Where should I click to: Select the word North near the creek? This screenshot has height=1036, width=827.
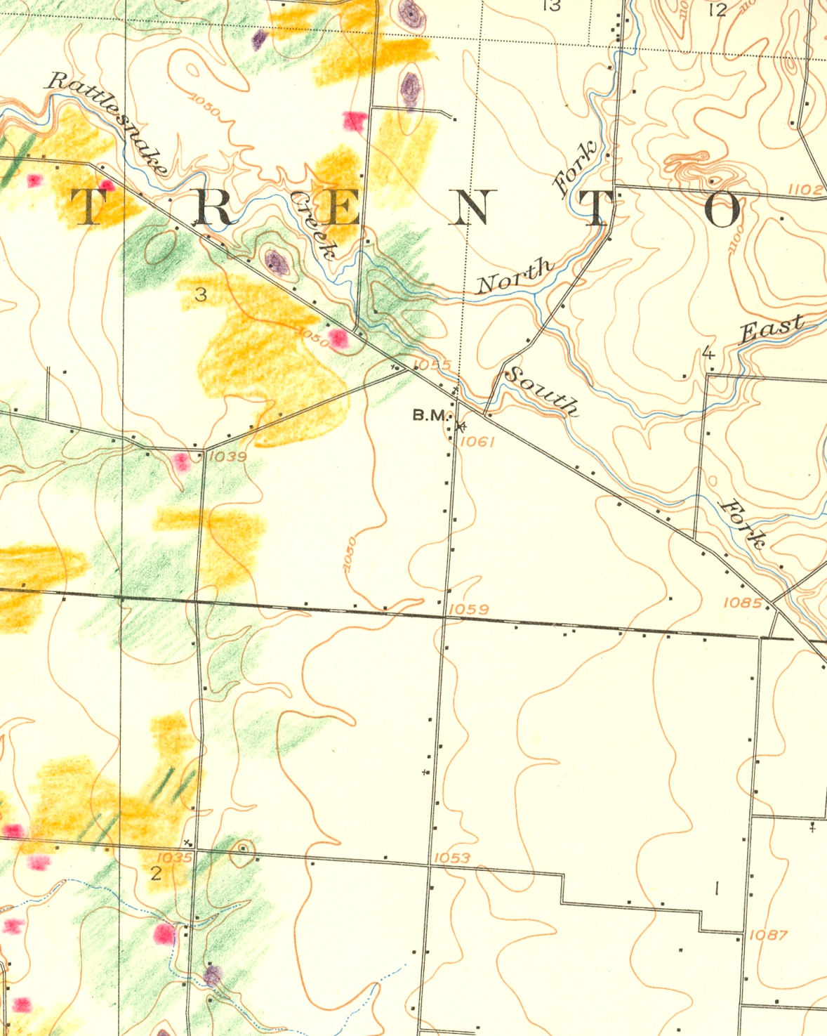(515, 276)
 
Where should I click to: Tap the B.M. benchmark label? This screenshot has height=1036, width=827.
(430, 415)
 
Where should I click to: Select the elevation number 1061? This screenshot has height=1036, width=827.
(479, 441)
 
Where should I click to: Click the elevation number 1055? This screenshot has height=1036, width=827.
(432, 365)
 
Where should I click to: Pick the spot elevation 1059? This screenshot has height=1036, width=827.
(468, 609)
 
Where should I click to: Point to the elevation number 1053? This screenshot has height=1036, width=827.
(451, 858)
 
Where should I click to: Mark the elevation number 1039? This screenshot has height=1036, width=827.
(228, 457)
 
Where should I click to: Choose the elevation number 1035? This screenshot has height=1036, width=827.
(173, 858)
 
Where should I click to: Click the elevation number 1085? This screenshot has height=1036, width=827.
(742, 603)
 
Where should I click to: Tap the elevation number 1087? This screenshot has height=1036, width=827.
(768, 935)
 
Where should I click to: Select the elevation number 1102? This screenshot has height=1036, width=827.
(805, 189)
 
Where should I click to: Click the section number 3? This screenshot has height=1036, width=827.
(201, 294)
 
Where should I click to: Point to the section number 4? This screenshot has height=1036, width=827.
(708, 353)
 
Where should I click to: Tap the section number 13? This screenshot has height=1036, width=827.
(552, 6)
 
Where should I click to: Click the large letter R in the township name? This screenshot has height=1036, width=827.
(213, 208)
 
